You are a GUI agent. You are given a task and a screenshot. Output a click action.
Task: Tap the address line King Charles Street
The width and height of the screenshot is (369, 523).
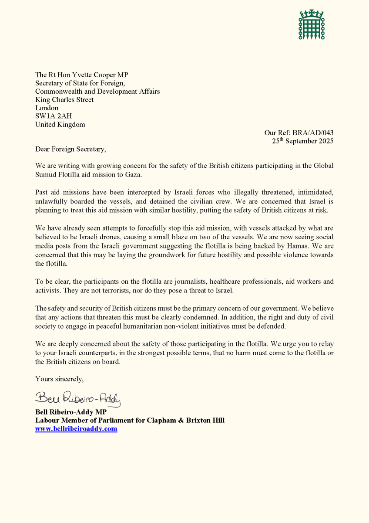coord(64,100)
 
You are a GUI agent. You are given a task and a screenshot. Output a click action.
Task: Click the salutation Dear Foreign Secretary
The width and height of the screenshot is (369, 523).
coord(70,149)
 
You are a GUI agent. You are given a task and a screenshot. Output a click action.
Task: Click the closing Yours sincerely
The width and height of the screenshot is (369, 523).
coord(59,379)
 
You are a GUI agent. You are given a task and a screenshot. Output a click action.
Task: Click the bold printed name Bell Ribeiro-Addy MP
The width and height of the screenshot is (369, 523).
coord(67,412)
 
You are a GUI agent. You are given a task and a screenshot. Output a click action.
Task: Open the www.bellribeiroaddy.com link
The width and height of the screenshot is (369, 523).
coord(76,429)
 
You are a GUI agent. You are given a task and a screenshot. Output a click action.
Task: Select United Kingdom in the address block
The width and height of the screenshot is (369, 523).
coord(60,125)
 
